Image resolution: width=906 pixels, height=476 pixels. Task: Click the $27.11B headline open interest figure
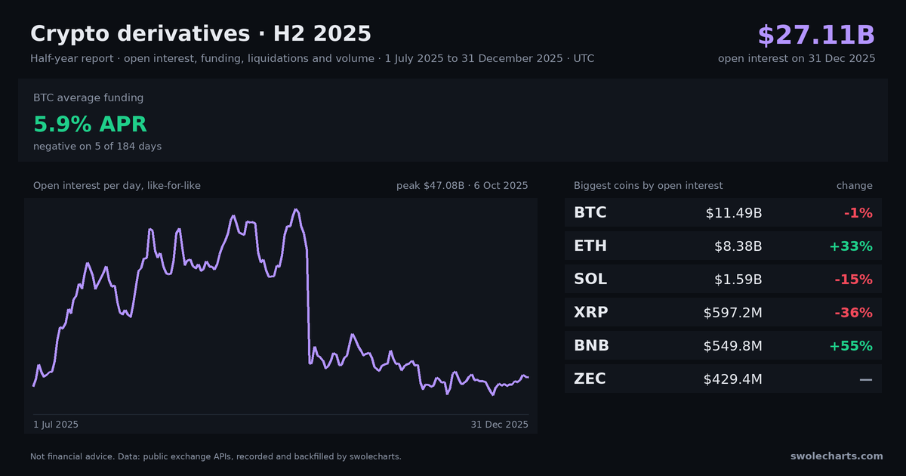coord(816,35)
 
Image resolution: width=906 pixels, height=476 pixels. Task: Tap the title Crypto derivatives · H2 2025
coord(201,33)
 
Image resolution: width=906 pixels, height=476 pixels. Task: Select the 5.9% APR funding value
coord(90,124)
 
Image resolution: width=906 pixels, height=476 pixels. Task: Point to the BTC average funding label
coord(88,97)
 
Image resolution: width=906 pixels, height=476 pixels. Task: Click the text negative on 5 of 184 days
coord(97,146)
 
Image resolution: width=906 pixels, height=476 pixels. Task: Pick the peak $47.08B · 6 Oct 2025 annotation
coord(462,185)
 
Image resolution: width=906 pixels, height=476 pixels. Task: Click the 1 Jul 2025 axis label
coord(56,424)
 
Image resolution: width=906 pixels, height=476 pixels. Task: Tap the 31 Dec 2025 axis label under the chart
coord(500,424)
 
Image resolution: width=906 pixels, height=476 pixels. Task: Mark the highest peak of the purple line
coord(296,210)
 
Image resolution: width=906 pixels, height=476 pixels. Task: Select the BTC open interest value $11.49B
coord(734,213)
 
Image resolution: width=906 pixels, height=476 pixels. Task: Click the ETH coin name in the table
coord(590,246)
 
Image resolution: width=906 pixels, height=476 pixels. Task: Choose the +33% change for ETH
coord(851,246)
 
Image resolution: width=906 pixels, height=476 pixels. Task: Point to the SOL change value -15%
coord(853,280)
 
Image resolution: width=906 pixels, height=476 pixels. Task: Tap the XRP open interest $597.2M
coord(733,313)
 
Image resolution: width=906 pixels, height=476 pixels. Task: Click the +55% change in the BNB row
coord(851,346)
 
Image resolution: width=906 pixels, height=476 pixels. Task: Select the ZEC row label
coord(590,379)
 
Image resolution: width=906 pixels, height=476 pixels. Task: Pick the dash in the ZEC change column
coord(866,379)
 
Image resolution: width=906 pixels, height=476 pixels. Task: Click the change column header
coord(854,185)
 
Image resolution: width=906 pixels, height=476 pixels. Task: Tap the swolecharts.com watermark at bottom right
coord(837,456)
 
